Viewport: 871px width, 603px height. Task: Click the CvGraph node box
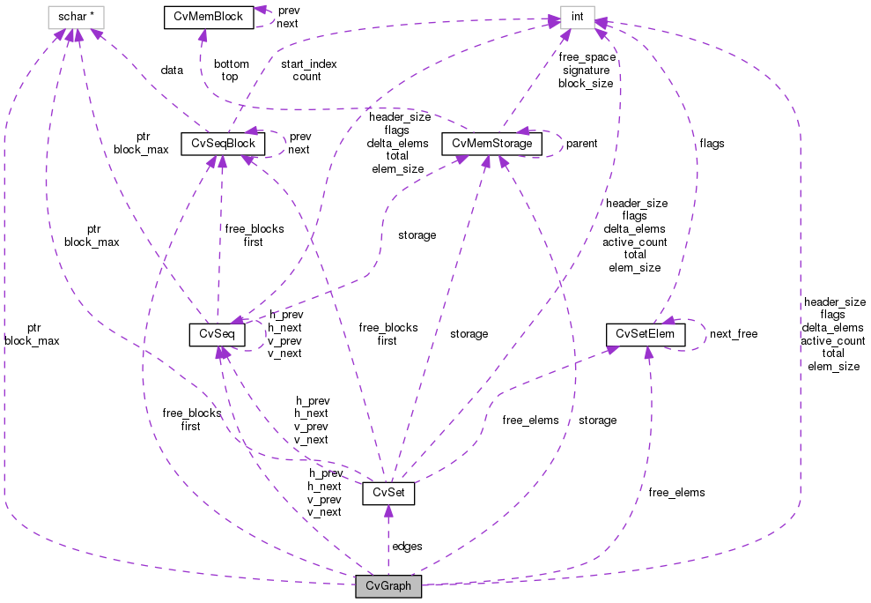pyautogui.click(x=388, y=586)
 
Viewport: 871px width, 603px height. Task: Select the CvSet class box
pyautogui.click(x=388, y=494)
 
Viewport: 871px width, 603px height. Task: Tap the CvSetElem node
pyautogui.click(x=646, y=334)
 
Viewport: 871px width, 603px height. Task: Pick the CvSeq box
pyautogui.click(x=216, y=334)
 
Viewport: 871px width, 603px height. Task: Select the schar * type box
pyautogui.click(x=76, y=17)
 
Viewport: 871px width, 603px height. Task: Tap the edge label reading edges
pyautogui.click(x=407, y=546)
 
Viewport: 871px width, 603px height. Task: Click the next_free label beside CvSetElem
pyautogui.click(x=733, y=334)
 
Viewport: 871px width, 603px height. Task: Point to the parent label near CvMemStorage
pyautogui.click(x=581, y=143)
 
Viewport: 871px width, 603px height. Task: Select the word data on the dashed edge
pyautogui.click(x=172, y=70)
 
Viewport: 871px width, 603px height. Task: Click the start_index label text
pyautogui.click(x=308, y=63)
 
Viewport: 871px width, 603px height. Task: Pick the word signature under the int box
pyautogui.click(x=585, y=70)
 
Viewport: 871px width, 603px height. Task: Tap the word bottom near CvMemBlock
pyautogui.click(x=231, y=63)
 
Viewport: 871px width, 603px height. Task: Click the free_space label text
pyautogui.click(x=587, y=56)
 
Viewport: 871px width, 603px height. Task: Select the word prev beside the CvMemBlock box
pyautogui.click(x=288, y=11)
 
